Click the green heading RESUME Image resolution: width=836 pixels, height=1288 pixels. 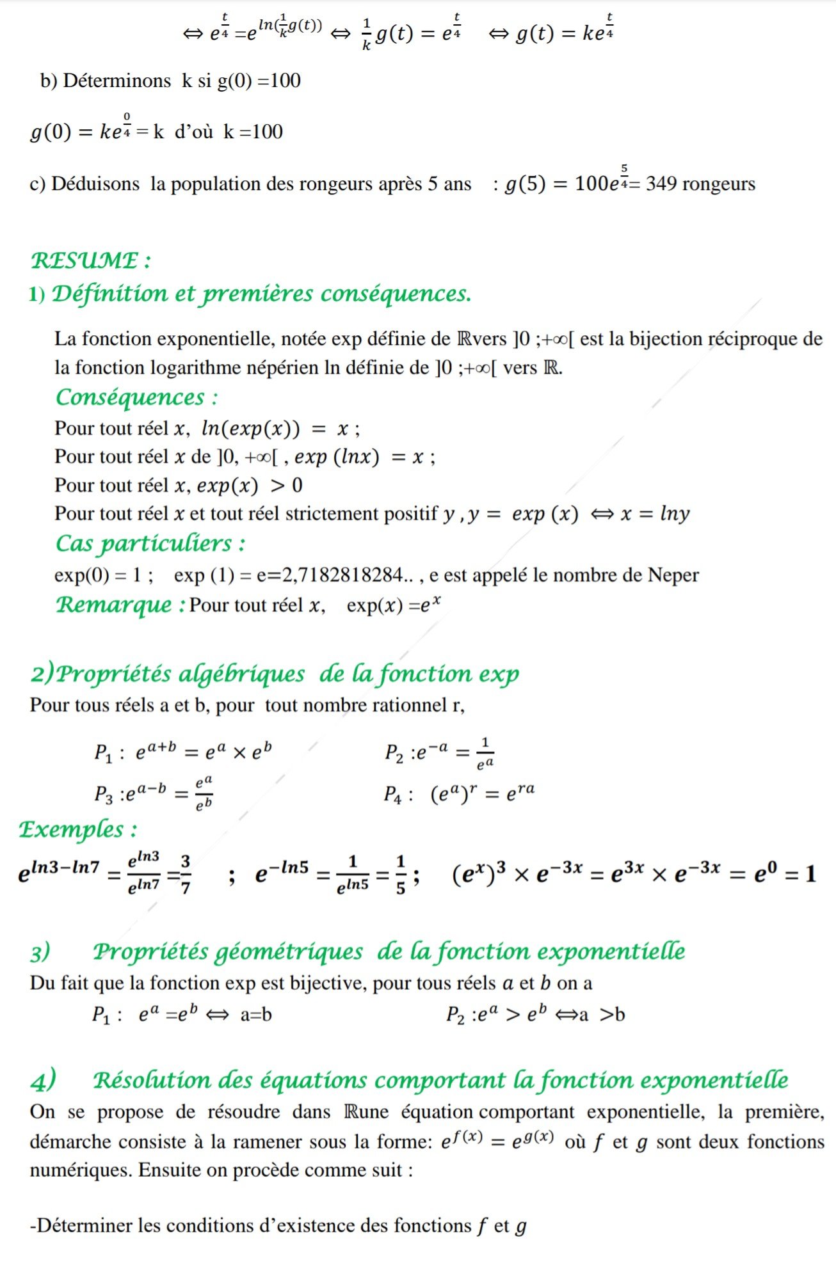(84, 260)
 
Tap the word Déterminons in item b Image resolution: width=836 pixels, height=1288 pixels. (117, 81)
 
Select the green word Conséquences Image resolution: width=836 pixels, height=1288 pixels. (130, 397)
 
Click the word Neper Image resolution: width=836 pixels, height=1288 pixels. (673, 575)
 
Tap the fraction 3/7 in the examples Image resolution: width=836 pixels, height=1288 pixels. (185, 874)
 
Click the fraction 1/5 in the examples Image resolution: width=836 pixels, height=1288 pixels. (400, 874)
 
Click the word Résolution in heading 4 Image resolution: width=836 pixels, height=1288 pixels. (152, 1080)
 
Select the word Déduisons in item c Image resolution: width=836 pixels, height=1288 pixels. (95, 184)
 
